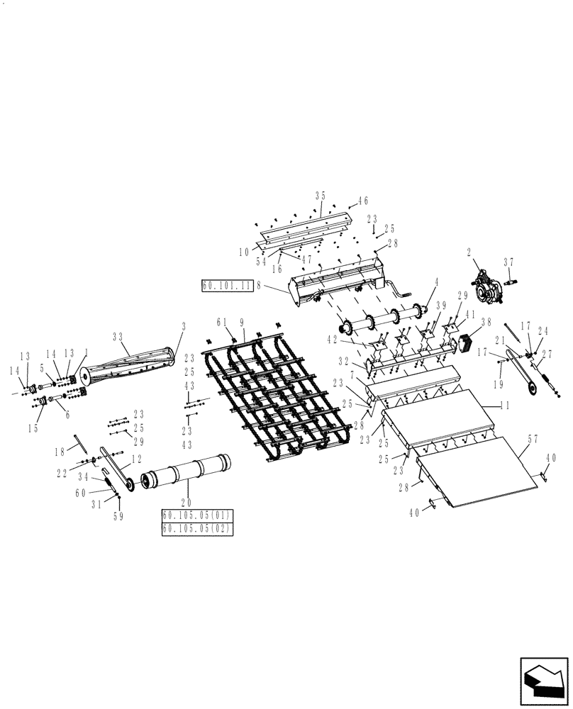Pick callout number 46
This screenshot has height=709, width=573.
(x=363, y=201)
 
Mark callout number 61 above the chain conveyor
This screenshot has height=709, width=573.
(x=221, y=321)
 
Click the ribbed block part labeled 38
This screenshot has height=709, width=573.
(x=468, y=342)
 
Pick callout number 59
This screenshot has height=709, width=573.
(x=118, y=516)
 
